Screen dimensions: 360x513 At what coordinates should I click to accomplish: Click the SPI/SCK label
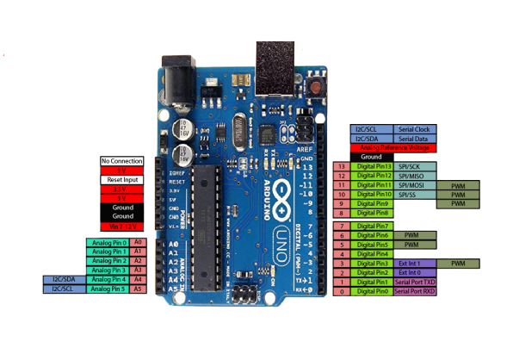(409, 166)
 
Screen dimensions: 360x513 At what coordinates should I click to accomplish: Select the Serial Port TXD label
(415, 282)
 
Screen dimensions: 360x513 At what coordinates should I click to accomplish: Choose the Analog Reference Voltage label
(394, 147)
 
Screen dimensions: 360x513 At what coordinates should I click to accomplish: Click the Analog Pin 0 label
(108, 243)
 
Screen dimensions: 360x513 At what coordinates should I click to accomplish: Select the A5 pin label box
(138, 289)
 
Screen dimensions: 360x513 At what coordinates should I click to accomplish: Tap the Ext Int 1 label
(409, 263)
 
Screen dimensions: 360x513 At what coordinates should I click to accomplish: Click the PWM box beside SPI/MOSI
(458, 185)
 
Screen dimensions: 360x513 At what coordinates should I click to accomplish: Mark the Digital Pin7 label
(374, 226)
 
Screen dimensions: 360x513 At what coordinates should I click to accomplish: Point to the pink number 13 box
(343, 166)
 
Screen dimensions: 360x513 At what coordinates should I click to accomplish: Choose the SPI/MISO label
(409, 176)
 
